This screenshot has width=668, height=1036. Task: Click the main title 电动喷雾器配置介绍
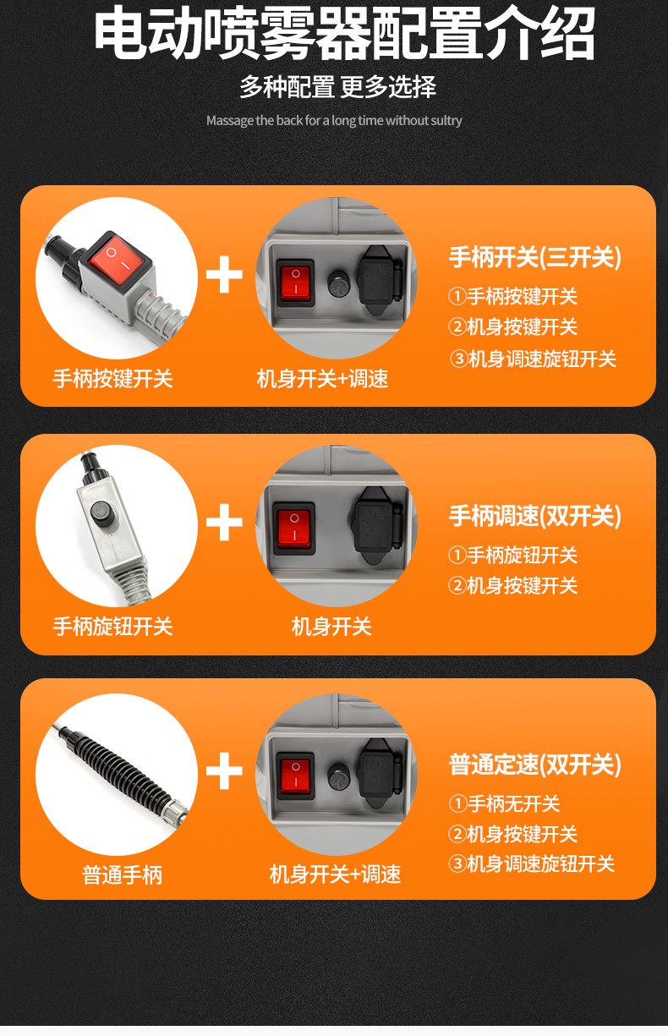(x=344, y=33)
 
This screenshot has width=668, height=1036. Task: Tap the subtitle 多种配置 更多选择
(x=338, y=86)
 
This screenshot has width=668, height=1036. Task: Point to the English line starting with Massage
(x=334, y=121)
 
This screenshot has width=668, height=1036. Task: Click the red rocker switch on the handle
(x=116, y=259)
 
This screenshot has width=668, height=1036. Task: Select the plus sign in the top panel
(x=224, y=275)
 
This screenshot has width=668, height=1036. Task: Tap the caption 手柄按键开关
(x=112, y=378)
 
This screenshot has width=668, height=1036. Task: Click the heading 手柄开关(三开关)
(x=535, y=257)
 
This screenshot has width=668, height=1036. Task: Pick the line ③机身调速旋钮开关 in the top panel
(x=533, y=359)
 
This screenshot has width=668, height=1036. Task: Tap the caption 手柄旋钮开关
(x=112, y=627)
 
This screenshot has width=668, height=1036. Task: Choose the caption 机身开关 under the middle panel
(x=331, y=627)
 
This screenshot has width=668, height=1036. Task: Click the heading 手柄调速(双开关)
(x=535, y=515)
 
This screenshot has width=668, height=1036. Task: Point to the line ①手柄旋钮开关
(x=512, y=555)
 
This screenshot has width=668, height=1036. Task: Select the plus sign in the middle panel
(x=224, y=523)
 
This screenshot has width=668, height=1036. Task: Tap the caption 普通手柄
(x=123, y=875)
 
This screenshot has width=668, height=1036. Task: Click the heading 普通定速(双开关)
(x=535, y=764)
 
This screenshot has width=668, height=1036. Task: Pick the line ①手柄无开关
(x=504, y=803)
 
